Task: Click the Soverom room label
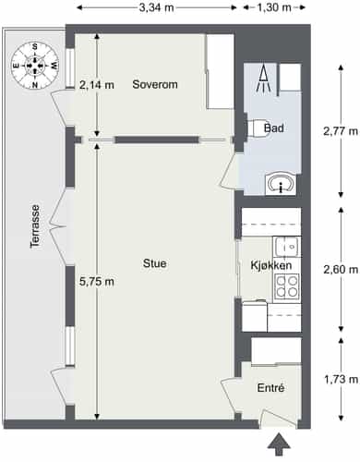point(155,84)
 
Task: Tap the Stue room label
point(155,263)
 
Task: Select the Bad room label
point(274,128)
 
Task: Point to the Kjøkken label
point(271,265)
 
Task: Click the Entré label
point(270,388)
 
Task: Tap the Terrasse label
point(35,226)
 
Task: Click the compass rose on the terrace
point(35,66)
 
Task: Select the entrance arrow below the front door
point(279,444)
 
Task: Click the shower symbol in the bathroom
point(264,79)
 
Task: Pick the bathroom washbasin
point(281,184)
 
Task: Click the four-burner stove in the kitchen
point(287,286)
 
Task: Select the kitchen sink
point(287,247)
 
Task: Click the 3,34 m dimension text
point(157,7)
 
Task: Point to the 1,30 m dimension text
point(274,7)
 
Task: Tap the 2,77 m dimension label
point(341,131)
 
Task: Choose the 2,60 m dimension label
point(341,270)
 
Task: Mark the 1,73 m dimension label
point(341,379)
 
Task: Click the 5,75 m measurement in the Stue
point(97,282)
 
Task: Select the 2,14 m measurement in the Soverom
point(97,85)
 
